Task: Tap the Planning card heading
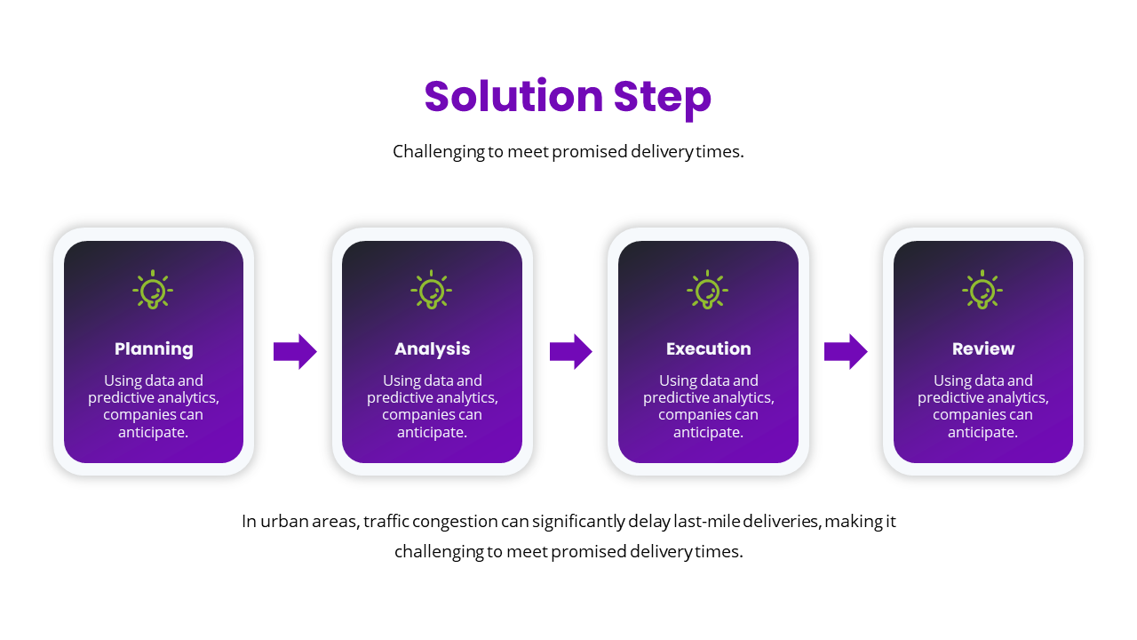click(154, 348)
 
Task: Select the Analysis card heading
click(433, 348)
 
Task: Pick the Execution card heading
click(708, 348)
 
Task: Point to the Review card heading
click(982, 348)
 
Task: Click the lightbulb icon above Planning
click(154, 290)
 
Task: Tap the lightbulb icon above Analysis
click(432, 290)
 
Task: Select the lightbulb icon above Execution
click(707, 290)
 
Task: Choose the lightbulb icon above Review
click(982, 290)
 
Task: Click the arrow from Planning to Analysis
click(295, 352)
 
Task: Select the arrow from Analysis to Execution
click(571, 352)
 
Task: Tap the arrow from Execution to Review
click(846, 352)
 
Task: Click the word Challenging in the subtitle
click(439, 152)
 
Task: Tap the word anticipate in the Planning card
click(152, 432)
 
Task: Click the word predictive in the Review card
click(952, 398)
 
